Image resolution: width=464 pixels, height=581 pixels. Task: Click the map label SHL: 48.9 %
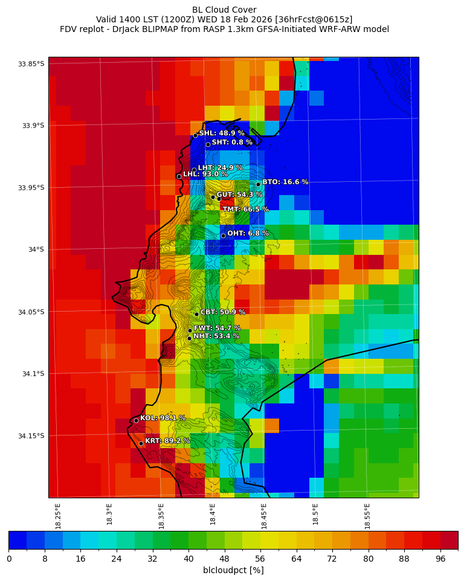[222, 133]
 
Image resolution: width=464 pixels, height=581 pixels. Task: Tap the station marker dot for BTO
[258, 184]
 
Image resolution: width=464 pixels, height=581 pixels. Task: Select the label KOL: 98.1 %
[163, 418]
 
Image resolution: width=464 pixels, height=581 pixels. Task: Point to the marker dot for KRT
[141, 443]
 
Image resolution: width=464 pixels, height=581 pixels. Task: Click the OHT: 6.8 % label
[248, 234]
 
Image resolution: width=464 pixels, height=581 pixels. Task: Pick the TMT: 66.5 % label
[245, 210]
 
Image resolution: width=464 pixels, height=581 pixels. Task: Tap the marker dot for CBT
[196, 314]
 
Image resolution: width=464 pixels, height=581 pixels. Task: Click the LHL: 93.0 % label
[205, 175]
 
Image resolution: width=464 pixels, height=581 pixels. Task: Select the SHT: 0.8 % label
[232, 143]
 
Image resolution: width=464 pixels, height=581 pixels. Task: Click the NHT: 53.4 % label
[216, 336]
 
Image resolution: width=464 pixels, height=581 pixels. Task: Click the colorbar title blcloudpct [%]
[233, 570]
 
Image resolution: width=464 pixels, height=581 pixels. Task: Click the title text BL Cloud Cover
[224, 10]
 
